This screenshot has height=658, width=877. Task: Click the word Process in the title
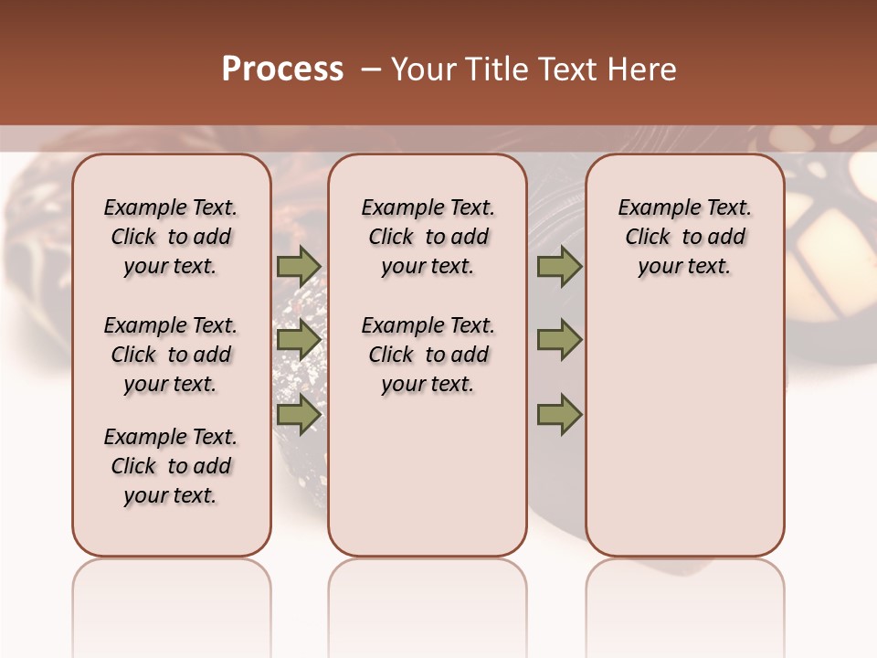point(282,69)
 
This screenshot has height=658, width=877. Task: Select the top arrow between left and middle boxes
point(298,266)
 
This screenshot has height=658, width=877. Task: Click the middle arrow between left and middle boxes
point(298,340)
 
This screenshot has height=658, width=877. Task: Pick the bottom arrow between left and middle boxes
point(298,414)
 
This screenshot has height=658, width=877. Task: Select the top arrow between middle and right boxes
point(559,266)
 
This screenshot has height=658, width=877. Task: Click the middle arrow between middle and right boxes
point(559,340)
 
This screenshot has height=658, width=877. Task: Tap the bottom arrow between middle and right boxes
point(559,414)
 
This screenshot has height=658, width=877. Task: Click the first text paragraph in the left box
point(171,237)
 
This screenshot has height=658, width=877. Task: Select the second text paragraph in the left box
point(171,355)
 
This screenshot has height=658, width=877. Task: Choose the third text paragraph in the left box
point(171,466)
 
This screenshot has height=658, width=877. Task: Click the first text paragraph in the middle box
point(428,237)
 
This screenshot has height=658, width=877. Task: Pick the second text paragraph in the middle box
point(428,355)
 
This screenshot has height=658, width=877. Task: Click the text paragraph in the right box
point(684,237)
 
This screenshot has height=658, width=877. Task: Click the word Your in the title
point(424,69)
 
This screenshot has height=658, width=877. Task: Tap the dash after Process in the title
point(371,69)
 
